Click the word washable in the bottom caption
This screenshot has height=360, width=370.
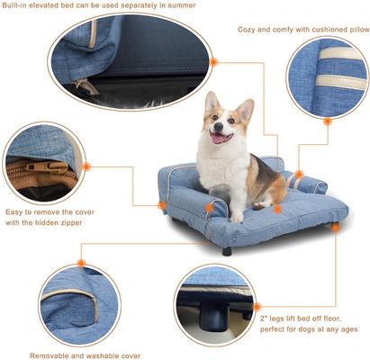point(73,355)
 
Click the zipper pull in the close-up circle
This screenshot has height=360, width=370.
point(41,166)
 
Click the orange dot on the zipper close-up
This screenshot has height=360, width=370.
point(86,166)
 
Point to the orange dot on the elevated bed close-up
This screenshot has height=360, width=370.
point(213,62)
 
